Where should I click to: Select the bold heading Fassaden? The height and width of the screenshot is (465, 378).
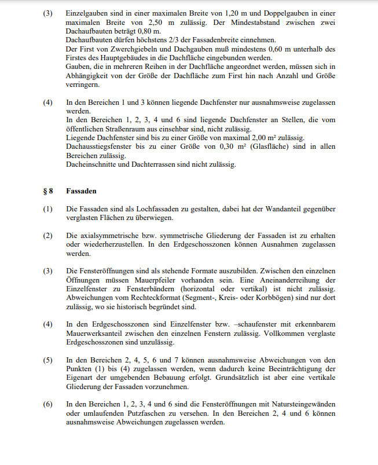pos(81,191)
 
